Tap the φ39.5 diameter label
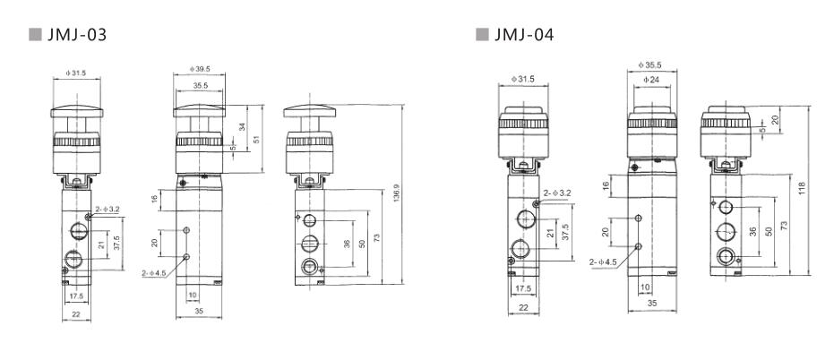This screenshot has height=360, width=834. (198, 69)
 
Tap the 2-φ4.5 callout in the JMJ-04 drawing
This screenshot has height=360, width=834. (604, 263)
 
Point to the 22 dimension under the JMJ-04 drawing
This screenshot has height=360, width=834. (522, 307)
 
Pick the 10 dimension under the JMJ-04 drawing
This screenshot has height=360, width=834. (645, 287)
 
